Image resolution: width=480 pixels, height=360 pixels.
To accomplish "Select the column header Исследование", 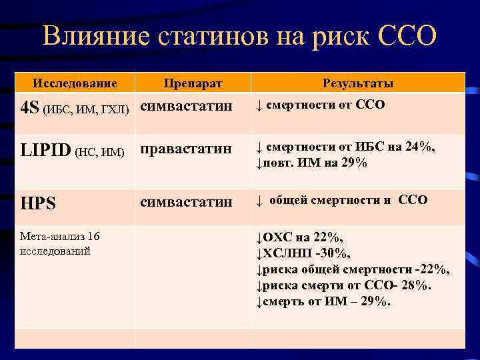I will click(75, 83).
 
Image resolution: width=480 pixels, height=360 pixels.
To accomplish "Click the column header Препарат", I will click(193, 84).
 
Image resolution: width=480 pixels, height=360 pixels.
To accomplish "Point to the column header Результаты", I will click(358, 83).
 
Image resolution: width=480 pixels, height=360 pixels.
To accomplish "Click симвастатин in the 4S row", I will click(186, 106).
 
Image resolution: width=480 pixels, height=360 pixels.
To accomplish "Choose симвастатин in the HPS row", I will click(186, 201).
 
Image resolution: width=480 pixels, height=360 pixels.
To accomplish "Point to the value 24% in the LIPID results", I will click(419, 147).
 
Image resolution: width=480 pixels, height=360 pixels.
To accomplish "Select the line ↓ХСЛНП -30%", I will click(303, 253).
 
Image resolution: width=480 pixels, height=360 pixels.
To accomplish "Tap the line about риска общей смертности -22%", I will click(353, 269).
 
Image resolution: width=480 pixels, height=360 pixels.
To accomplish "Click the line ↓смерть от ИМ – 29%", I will click(323, 301).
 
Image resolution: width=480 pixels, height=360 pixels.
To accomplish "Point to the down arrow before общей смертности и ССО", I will click(261, 201).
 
